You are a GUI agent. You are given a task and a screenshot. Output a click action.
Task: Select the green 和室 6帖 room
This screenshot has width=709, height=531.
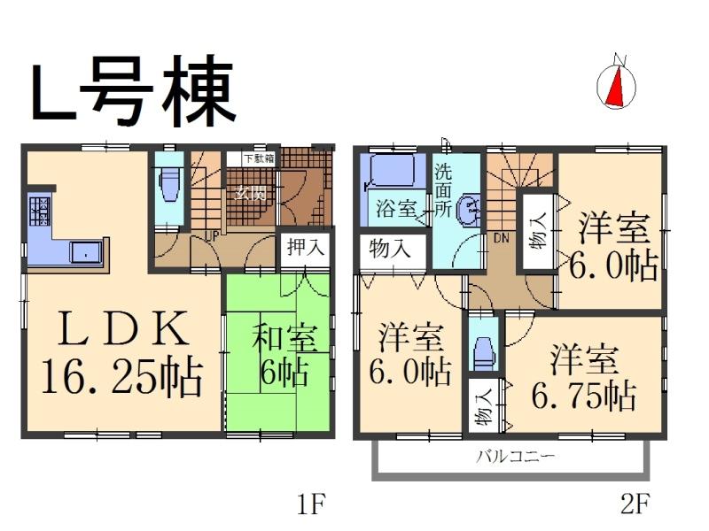[279, 354]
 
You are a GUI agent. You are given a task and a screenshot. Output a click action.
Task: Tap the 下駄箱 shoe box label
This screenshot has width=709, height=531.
[259, 158]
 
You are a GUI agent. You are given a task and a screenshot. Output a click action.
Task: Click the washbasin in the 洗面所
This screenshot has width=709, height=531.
[471, 209]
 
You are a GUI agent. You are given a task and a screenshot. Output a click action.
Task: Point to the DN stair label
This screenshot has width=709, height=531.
[500, 237]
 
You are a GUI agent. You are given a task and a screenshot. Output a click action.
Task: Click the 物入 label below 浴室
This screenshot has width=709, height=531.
[391, 249]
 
